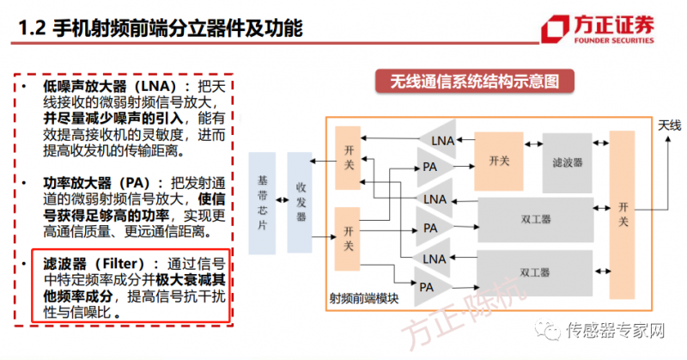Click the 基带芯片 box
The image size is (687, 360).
tap(263, 204)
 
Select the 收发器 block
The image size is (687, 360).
tap(301, 204)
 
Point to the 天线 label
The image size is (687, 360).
tap(669, 126)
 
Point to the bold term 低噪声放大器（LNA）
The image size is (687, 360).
tap(102, 87)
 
